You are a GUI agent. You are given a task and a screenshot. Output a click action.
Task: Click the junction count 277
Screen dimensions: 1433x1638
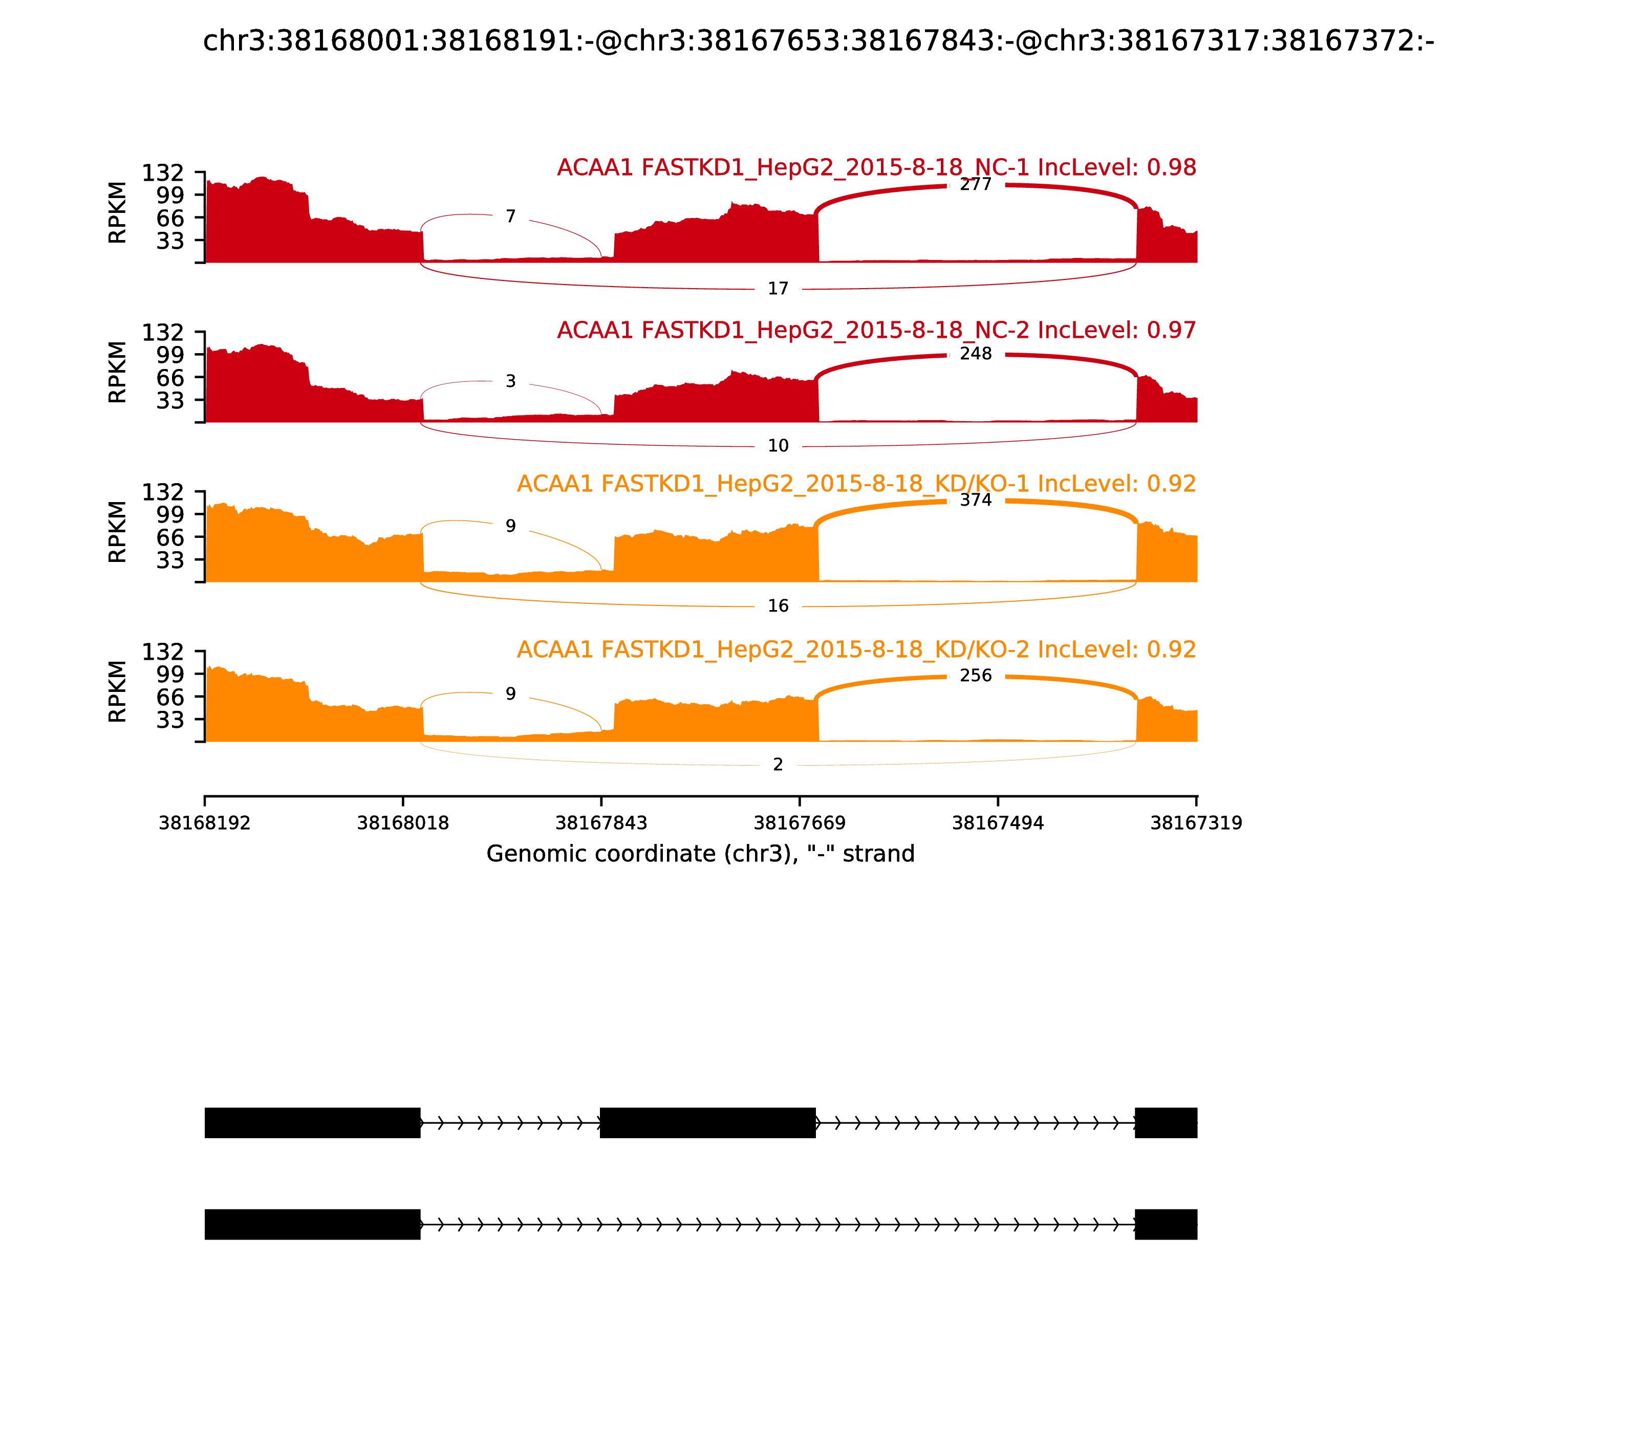[975, 185]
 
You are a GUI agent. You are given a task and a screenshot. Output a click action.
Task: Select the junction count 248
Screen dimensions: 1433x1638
[975, 354]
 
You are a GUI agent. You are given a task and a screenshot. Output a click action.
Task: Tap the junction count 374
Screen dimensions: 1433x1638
[975, 500]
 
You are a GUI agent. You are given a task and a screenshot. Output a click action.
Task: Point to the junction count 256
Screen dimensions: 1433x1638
[975, 676]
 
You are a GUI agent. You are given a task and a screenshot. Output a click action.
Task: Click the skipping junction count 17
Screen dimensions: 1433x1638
[778, 289]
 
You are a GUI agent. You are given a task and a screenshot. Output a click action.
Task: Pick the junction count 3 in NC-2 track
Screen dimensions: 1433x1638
[510, 381]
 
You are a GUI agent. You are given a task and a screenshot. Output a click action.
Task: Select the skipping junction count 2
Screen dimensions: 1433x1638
[778, 765]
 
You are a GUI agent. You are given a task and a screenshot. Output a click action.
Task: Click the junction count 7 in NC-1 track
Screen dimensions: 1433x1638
[510, 216]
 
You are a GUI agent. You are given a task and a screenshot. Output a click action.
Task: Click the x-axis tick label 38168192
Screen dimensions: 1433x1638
[205, 823]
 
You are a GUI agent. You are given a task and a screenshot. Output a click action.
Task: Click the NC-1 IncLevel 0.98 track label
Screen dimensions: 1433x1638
[876, 168]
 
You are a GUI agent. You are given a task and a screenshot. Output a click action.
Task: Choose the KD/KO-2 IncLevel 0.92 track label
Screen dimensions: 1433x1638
[856, 649]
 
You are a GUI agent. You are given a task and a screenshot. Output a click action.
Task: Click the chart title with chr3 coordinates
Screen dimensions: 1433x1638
[818, 41]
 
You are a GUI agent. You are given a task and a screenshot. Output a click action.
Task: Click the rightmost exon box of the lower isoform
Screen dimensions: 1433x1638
[1166, 1224]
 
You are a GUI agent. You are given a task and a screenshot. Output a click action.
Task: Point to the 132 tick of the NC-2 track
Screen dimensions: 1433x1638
[162, 332]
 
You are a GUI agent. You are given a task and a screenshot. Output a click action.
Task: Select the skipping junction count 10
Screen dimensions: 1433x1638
[778, 446]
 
